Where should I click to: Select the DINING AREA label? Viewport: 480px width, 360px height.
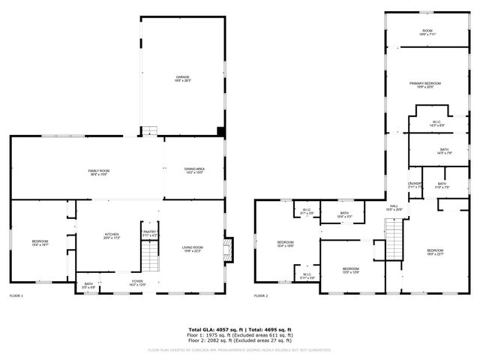194,170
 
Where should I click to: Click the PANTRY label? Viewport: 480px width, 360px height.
149,233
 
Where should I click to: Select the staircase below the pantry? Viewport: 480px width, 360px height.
151,259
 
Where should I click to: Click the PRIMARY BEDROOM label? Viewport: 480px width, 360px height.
425,85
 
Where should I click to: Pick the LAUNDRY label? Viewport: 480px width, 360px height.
415,184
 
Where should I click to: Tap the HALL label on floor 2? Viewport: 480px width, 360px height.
394,207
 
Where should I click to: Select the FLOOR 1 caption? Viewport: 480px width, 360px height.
16,296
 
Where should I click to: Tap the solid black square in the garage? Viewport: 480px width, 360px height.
220,130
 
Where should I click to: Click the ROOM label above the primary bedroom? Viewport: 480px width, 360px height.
426,31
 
